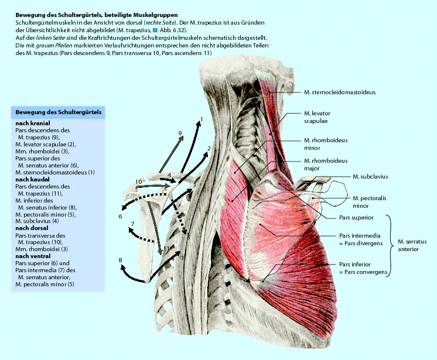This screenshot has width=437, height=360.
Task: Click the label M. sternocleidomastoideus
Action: (x=340, y=92)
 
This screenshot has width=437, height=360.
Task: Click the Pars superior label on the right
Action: (x=356, y=218)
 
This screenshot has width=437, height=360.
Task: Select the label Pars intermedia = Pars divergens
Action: (x=359, y=239)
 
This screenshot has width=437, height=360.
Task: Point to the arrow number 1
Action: (x=201, y=119)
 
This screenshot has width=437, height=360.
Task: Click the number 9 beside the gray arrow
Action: (x=180, y=134)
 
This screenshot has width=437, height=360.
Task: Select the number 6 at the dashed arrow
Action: (x=120, y=217)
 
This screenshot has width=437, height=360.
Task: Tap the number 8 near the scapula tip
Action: (x=120, y=260)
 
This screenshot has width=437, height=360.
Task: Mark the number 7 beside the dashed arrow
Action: (x=133, y=224)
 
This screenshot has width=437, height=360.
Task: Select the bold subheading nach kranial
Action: (x=33, y=124)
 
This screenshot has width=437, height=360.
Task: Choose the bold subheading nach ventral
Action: (x=33, y=256)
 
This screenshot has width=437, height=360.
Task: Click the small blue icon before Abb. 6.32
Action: (x=155, y=29)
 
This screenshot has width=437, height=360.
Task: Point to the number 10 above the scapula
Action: (x=139, y=182)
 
